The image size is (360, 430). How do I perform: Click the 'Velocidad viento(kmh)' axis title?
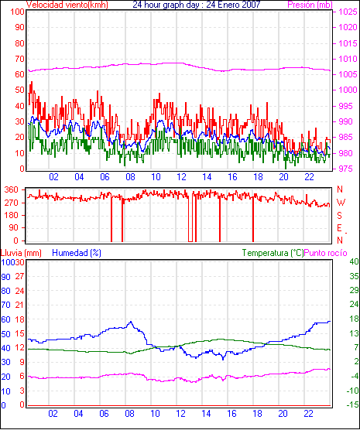click(67, 5)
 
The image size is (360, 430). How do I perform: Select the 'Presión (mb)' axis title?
click(310, 5)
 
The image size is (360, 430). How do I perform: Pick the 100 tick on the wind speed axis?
click(17, 12)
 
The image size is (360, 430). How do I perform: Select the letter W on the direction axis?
click(341, 203)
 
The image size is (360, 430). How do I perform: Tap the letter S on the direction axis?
click(340, 216)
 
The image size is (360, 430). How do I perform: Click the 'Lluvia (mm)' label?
click(21, 253)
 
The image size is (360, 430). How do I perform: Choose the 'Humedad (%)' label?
click(77, 253)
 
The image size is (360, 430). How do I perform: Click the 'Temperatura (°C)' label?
click(273, 253)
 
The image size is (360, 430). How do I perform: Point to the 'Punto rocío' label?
click(326, 253)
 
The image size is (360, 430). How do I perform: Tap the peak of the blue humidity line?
click(131, 322)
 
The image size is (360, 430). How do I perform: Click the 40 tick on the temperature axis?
click(354, 261)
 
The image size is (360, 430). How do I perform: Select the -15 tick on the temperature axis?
click(353, 404)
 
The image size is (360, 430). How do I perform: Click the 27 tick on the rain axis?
click(19, 276)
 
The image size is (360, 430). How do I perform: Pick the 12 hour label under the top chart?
click(181, 177)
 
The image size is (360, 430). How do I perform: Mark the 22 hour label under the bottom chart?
click(309, 413)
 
